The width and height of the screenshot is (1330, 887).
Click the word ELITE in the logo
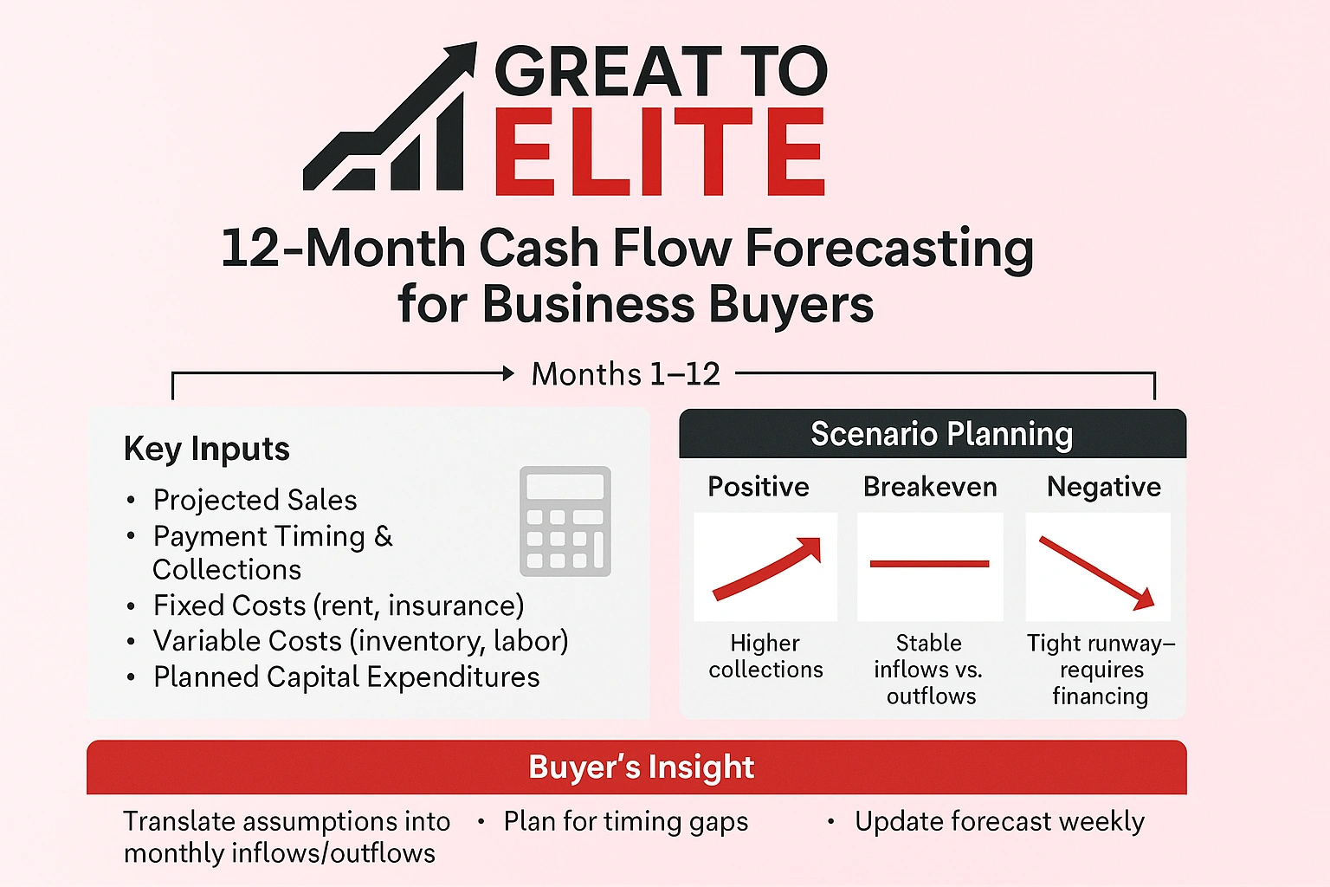(x=659, y=153)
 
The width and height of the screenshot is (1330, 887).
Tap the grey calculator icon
(x=565, y=521)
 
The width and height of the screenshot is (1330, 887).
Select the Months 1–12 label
(x=625, y=374)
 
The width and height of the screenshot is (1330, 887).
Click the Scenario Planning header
(x=941, y=434)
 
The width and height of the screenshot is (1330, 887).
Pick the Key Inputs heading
(x=206, y=449)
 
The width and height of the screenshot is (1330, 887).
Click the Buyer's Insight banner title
(x=641, y=767)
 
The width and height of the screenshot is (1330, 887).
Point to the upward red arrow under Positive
(x=767, y=567)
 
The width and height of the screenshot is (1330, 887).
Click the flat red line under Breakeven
(x=929, y=564)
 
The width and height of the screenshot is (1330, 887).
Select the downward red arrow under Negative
(x=1096, y=571)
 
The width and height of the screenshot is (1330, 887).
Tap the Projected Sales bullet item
(x=255, y=500)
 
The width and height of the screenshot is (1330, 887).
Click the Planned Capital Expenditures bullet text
(x=346, y=677)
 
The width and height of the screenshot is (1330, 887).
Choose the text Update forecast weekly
(x=999, y=821)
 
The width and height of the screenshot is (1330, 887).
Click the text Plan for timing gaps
(x=625, y=821)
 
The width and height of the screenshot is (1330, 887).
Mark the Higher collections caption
(x=765, y=656)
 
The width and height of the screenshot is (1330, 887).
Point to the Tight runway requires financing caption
(x=1101, y=669)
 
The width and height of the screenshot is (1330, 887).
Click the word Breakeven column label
(x=930, y=487)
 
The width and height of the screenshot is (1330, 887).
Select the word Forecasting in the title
(x=889, y=249)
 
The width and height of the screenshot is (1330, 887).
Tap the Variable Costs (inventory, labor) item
(x=360, y=641)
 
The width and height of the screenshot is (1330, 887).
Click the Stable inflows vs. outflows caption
(x=929, y=669)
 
